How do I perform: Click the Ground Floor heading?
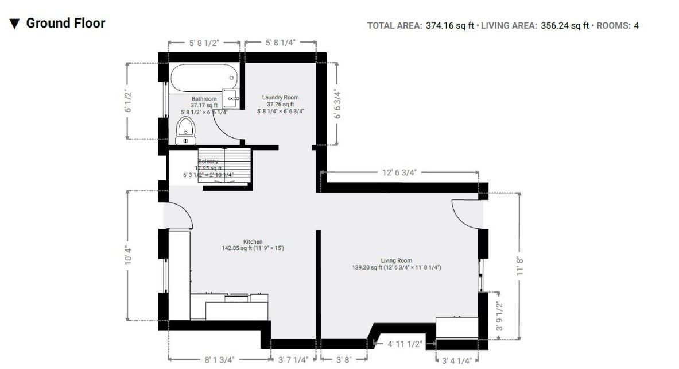(x=65, y=24)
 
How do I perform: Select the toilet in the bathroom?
(x=185, y=130)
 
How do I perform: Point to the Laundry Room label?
(x=280, y=98)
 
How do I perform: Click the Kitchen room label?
(x=253, y=242)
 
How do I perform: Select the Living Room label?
(x=396, y=260)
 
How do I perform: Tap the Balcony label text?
(x=208, y=162)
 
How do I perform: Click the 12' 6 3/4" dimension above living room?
(x=399, y=172)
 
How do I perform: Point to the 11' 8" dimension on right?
(x=521, y=267)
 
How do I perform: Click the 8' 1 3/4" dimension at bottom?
(x=220, y=360)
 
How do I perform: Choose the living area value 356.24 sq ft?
(x=565, y=25)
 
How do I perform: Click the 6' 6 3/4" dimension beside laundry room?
(x=338, y=104)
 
